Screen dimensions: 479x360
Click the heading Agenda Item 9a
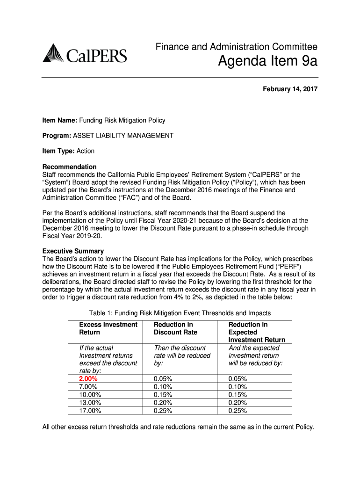268,61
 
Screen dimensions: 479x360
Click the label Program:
57,136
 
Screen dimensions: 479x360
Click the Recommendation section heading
70,167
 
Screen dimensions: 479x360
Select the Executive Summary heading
73,251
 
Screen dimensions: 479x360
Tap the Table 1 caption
180,313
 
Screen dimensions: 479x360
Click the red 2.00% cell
88,379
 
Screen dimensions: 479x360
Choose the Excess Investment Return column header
108,328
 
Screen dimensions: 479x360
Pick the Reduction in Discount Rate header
176,328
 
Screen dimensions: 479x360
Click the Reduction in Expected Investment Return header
257,332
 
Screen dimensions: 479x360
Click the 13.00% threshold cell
90,403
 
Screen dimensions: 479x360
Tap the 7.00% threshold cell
88,387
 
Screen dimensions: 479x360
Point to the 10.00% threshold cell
90,395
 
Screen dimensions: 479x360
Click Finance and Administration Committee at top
237,47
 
